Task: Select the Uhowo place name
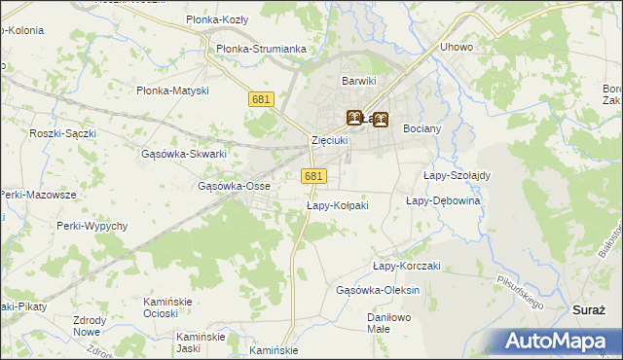457,47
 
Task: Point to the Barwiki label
358,81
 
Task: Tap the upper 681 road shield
260,99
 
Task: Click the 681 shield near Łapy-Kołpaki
312,175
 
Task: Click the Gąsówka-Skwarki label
184,154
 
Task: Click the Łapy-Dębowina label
443,200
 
